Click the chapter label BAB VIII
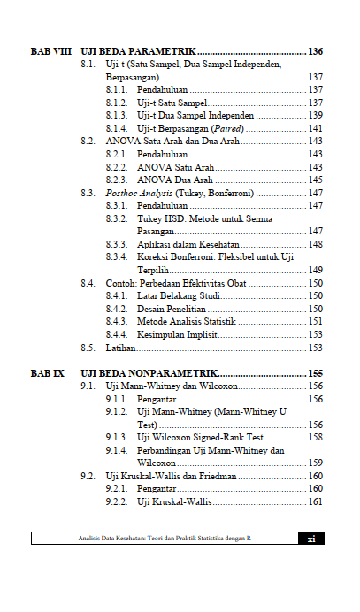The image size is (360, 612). click(50, 51)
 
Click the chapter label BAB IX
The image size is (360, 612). click(47, 373)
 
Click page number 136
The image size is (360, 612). click(315, 51)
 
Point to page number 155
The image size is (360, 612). click(315, 373)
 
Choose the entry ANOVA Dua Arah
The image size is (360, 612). click(174, 180)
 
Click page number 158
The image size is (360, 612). click(315, 437)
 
